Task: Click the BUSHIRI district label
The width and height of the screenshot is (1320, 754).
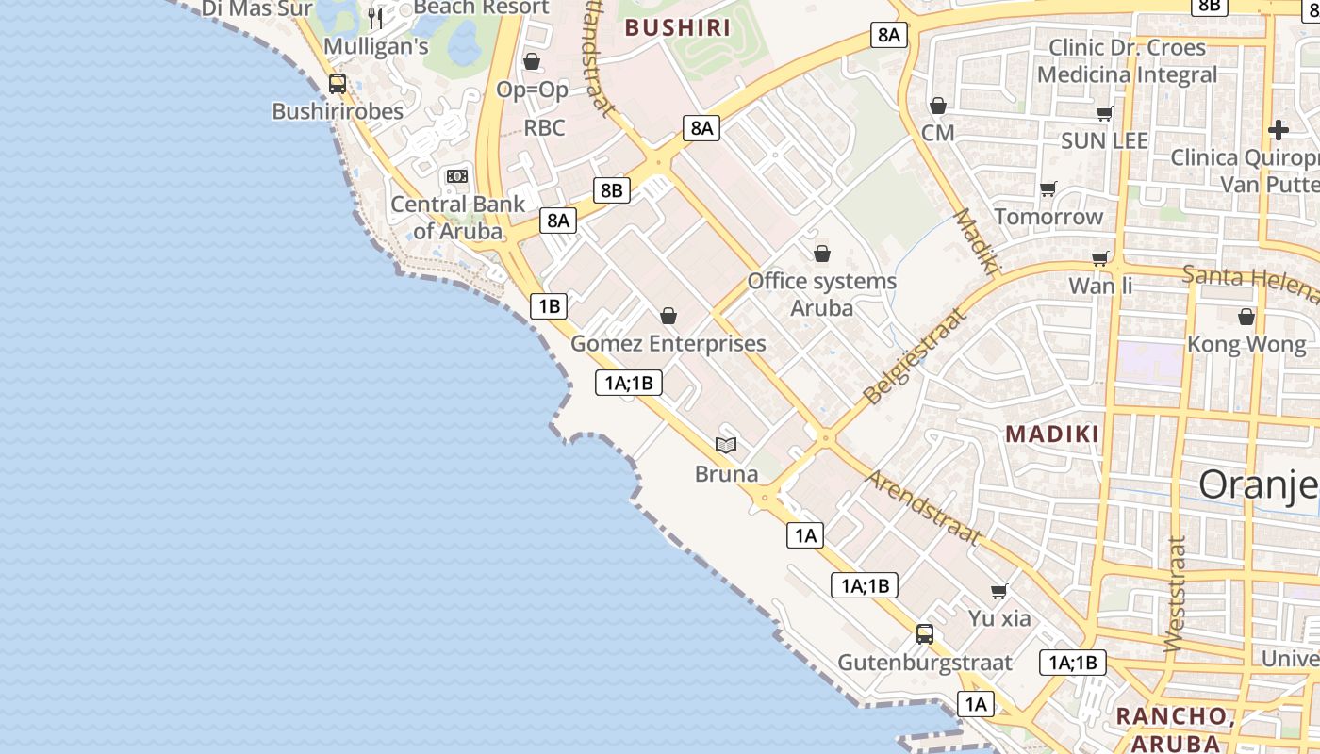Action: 678,27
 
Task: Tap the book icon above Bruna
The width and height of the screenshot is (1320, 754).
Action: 726,445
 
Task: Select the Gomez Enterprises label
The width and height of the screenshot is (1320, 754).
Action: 668,343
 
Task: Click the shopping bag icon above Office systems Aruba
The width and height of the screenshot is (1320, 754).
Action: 822,254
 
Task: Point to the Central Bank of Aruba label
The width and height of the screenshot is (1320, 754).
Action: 458,217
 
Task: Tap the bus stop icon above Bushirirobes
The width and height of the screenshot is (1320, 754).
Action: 338,84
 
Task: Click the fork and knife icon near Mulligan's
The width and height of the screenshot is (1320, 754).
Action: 375,18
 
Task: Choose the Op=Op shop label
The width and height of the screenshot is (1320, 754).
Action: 533,90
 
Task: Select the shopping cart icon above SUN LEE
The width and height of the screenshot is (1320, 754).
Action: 1104,114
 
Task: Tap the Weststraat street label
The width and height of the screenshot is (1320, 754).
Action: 1175,595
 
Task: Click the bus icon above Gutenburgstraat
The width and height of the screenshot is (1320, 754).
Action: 925,634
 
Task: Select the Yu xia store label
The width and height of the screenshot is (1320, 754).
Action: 999,619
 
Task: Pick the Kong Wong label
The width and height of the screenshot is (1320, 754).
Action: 1246,344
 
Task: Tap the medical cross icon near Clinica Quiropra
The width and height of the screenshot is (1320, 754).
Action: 1279,130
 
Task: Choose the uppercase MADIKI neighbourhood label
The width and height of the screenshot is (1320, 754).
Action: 1052,434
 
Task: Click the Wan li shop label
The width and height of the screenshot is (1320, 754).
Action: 1100,285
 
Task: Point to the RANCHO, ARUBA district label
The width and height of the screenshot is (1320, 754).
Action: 1174,729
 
